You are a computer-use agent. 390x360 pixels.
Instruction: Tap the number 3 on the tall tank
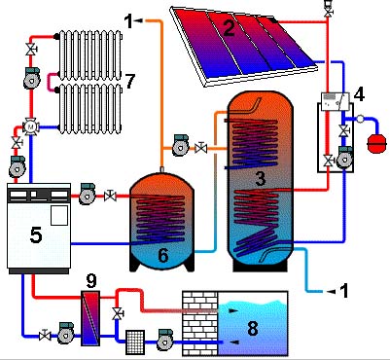click(261, 178)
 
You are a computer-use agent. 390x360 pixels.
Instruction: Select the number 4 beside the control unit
click(359, 94)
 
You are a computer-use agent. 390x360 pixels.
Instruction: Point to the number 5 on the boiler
click(36, 234)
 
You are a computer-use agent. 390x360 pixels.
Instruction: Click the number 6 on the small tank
click(163, 255)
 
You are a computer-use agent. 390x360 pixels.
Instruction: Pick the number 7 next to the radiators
click(129, 81)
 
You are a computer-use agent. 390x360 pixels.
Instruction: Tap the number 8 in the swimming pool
click(252, 328)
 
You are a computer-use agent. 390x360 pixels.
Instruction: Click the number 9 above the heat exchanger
click(91, 281)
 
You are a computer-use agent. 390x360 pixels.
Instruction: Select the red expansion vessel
click(376, 143)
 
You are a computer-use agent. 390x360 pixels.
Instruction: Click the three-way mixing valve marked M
click(31, 126)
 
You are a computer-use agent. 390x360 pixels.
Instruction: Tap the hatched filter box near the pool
click(135, 342)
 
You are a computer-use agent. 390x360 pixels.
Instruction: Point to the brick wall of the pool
click(199, 323)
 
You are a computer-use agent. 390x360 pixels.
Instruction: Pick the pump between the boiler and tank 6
click(88, 194)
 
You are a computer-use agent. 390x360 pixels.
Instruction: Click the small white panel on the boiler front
click(59, 215)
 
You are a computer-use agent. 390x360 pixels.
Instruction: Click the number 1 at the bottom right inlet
click(343, 291)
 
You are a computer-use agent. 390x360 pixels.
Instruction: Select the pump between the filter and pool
click(165, 340)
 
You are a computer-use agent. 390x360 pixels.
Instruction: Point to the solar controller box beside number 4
click(335, 102)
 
